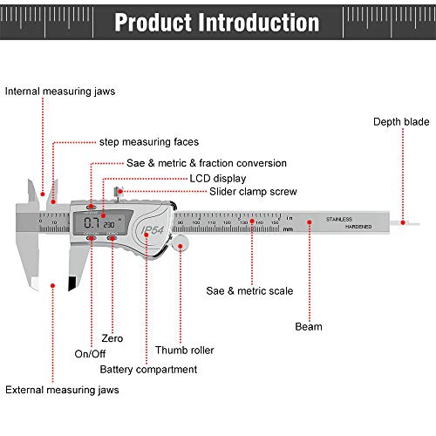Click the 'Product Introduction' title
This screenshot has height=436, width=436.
pos(216,22)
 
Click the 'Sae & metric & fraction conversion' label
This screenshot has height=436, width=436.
pos(207,163)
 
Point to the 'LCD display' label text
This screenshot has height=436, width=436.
pos(220,177)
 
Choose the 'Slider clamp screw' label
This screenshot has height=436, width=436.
pos(253,191)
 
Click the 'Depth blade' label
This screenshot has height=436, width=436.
pos(402,121)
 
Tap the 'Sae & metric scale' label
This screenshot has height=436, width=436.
pos(249,290)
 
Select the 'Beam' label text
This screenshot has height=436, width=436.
pos(308,327)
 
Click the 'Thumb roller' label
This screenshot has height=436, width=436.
pos(184,351)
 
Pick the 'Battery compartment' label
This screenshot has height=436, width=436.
pos(148,370)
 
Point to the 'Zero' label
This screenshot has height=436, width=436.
pos(112,337)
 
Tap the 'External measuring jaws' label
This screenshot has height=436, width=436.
pos(62,390)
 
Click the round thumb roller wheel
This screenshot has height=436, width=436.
pos(181,248)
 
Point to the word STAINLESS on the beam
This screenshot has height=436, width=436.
pos(338,219)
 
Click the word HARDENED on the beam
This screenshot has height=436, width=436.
pos(358,227)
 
